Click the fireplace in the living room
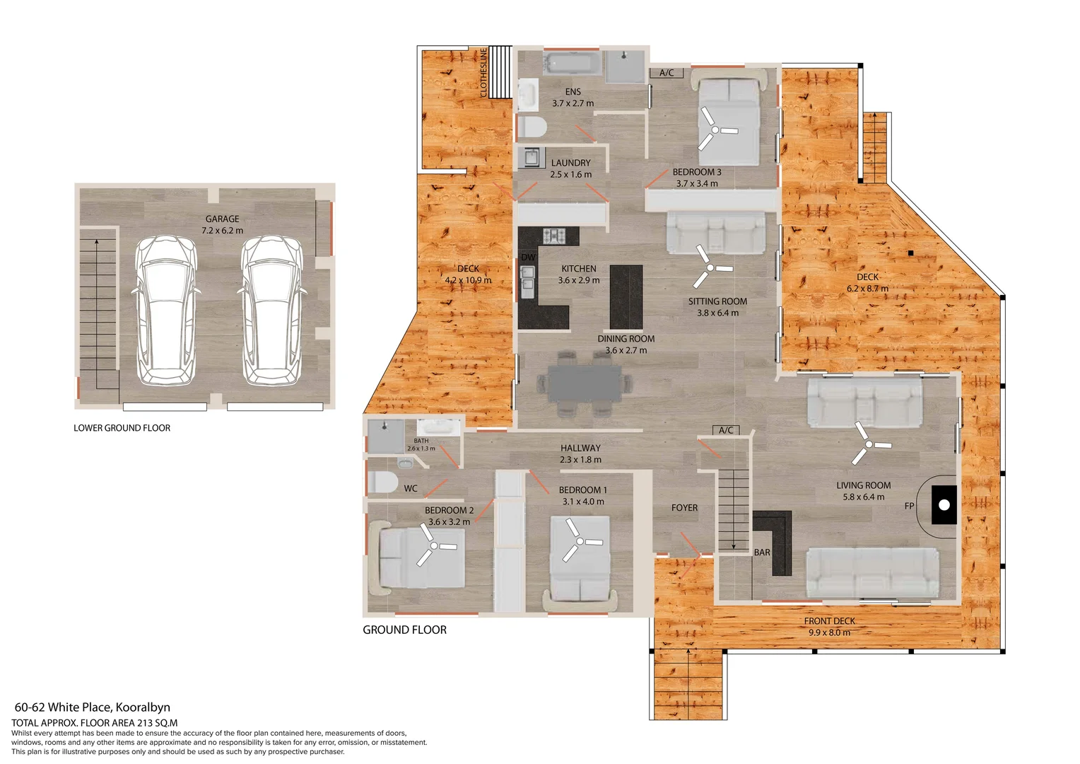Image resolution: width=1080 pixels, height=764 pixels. click(944, 504)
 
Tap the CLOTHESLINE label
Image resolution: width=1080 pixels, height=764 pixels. click(483, 72)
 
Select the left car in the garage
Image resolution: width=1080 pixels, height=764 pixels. click(165, 311)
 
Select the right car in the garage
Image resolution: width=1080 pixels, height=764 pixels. click(272, 311)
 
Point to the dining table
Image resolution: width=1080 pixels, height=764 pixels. click(585, 383)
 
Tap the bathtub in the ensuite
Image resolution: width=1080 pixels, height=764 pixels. click(572, 63)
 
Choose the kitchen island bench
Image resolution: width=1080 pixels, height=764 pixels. click(626, 296)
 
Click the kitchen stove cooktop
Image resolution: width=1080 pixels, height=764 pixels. click(554, 235)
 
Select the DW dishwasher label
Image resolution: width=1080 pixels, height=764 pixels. click(528, 257)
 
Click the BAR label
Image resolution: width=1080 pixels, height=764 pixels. click(762, 552)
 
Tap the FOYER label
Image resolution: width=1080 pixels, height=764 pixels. click(684, 508)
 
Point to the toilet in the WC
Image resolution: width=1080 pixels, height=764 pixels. click(382, 482)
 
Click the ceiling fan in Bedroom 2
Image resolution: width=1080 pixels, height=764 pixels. click(432, 545)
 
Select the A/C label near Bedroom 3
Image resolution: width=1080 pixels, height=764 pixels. click(666, 73)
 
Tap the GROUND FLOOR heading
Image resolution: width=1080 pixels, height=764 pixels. click(404, 630)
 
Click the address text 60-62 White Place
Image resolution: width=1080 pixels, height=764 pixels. click(92, 707)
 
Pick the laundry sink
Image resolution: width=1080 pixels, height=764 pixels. click(530, 156)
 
